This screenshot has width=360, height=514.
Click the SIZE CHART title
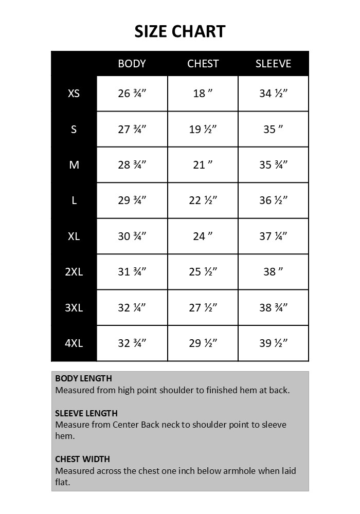coord(180,31)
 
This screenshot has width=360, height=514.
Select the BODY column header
coord(132,64)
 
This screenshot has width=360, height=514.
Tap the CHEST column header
coord(203,64)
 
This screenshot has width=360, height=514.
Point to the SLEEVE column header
coord(273,64)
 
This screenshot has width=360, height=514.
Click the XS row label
coord(74,94)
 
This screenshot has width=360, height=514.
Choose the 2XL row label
coord(74,272)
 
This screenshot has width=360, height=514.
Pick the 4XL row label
coord(74,343)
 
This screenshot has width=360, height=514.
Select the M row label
coord(74,165)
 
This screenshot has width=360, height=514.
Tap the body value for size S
coord(132,130)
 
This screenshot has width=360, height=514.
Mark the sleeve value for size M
coord(273,165)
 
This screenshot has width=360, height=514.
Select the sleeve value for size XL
coord(273,236)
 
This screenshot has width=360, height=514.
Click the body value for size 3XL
coord(132,308)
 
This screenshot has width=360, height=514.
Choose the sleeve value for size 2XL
coord(273,272)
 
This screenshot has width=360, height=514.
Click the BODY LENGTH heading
coord(83,379)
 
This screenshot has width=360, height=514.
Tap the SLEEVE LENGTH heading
coord(86,413)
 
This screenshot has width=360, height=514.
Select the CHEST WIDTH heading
coord(82,459)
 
